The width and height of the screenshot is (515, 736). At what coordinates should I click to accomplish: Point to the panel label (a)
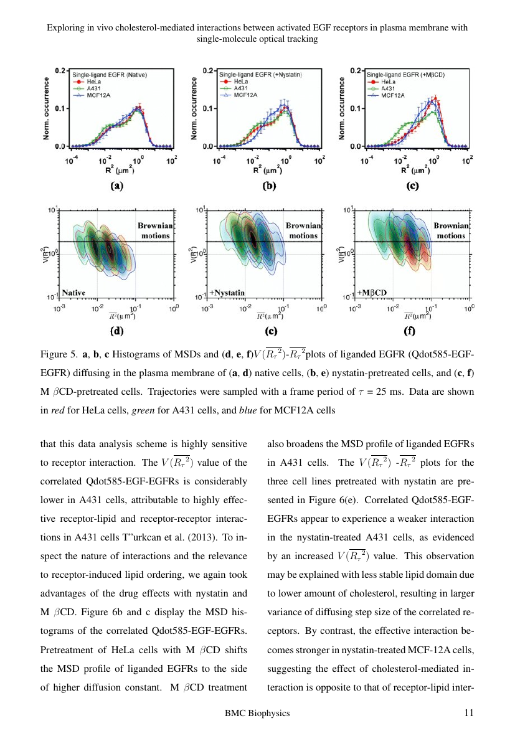[117, 186]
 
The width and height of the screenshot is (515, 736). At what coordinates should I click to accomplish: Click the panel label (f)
[409, 331]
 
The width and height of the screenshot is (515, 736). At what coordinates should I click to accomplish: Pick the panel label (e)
[271, 331]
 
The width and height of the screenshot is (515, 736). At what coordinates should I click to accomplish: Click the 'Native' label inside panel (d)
[73, 293]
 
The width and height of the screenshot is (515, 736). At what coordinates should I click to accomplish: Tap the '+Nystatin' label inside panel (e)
[227, 293]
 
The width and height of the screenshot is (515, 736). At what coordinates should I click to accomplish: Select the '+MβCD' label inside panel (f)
[372, 293]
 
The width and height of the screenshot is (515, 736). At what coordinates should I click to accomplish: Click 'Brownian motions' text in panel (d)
[156, 230]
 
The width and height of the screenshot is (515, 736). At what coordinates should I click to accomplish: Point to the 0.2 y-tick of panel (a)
[60, 70]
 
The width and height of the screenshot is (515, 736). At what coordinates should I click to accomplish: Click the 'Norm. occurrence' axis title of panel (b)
[194, 108]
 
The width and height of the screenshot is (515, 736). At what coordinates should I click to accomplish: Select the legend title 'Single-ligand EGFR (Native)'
[110, 75]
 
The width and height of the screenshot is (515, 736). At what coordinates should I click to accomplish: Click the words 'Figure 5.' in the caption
[59, 354]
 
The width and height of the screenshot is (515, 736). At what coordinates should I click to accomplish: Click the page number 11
[469, 713]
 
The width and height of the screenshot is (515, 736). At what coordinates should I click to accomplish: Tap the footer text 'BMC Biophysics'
[257, 714]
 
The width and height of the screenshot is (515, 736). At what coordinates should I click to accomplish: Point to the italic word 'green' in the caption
[143, 411]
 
